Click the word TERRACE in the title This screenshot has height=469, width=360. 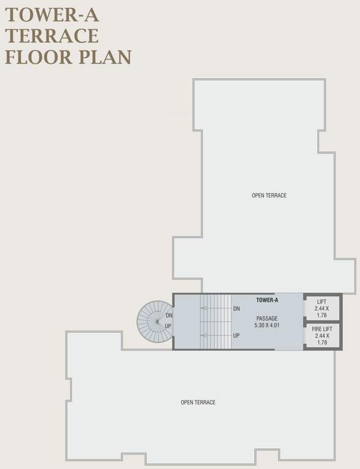click(52, 35)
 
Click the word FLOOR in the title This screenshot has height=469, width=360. click(38, 57)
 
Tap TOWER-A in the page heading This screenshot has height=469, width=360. click(52, 12)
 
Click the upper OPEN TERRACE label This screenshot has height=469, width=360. click(269, 195)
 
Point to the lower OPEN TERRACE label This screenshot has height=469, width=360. click(198, 402)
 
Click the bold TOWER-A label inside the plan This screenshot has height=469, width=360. click(267, 300)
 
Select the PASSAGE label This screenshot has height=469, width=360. click(267, 318)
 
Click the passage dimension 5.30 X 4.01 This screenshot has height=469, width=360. click(267, 326)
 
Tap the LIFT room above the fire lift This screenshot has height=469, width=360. click(321, 308)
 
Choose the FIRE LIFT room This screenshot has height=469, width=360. click(321, 336)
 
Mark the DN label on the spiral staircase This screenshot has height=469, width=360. click(169, 316)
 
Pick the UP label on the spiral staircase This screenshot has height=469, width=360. click(168, 326)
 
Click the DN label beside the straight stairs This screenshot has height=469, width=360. click(236, 309)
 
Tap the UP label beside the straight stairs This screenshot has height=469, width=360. click(236, 335)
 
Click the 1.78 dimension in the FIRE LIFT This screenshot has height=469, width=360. click(321, 343)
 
